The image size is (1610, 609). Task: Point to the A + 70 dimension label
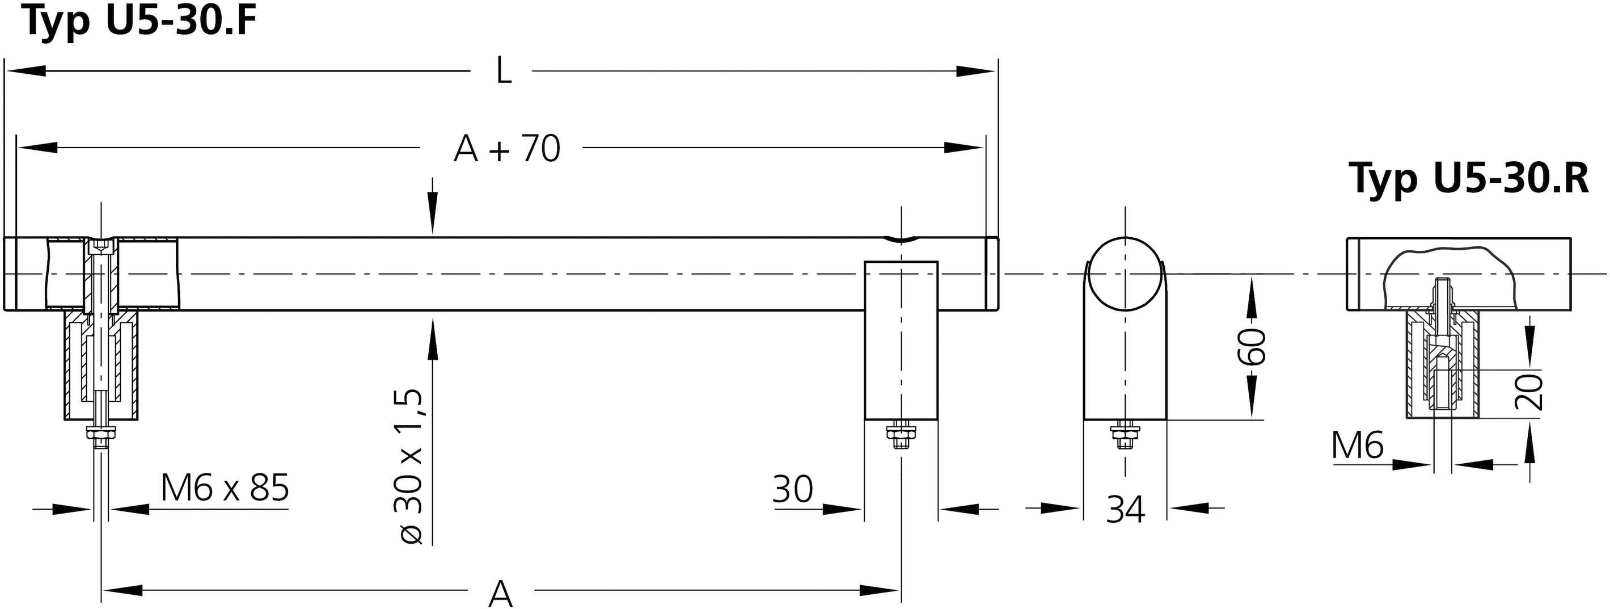[507, 149]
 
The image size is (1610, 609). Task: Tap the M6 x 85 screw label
[225, 488]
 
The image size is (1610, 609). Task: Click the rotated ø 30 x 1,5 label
[411, 466]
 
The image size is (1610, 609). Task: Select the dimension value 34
[1125, 509]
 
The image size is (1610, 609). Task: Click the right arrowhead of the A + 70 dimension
[963, 148]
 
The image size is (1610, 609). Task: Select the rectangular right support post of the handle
[901, 341]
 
